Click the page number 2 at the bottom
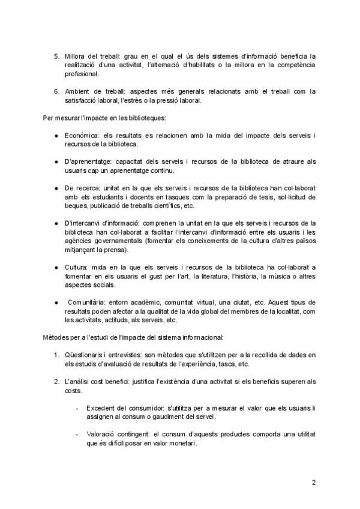[313, 482]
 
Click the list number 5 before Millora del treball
[56, 56]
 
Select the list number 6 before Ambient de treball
[56, 91]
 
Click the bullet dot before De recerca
[56, 188]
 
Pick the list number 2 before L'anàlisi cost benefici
[56, 381]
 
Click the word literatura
[211, 275]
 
